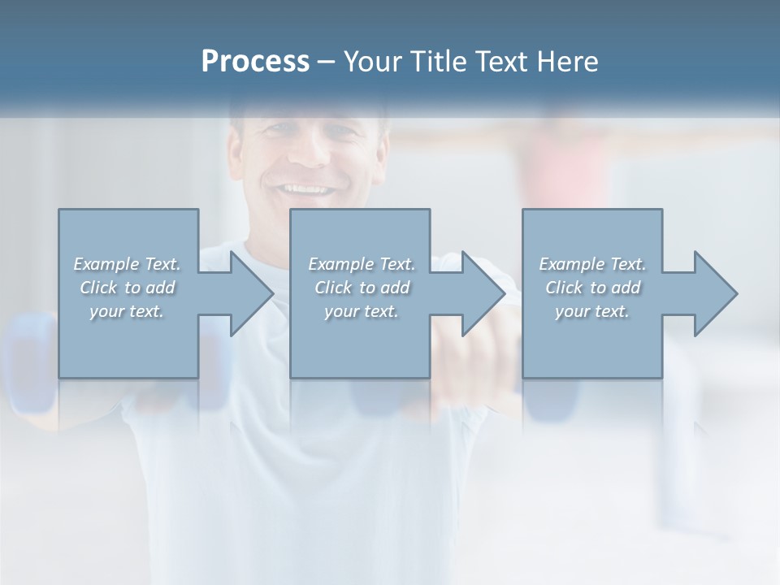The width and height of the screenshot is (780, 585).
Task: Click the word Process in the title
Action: (255, 62)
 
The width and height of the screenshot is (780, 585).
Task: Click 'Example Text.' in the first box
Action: (127, 264)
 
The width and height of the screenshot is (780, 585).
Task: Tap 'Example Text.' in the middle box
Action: (361, 264)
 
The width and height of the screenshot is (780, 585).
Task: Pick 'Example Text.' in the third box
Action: (592, 264)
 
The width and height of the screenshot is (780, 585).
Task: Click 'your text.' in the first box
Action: (127, 311)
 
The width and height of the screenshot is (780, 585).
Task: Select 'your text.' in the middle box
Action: (361, 311)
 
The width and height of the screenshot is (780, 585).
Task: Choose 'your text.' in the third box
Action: (592, 311)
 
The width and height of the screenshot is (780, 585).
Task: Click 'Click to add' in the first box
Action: (127, 288)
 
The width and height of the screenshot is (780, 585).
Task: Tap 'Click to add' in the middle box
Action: (361, 288)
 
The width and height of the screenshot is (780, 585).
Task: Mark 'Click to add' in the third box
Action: (592, 288)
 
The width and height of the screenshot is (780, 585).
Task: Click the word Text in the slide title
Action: (502, 62)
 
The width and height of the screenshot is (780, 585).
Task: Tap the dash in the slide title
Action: (327, 62)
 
